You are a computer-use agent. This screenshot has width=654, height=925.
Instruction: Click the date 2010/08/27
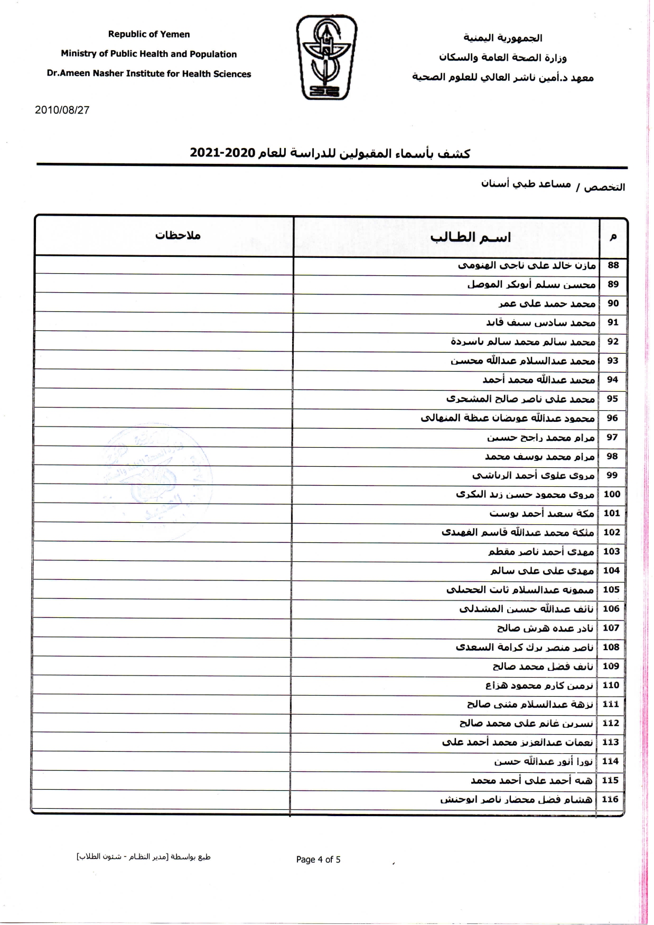pos(62,110)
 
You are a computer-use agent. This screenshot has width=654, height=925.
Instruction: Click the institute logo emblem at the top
pos(326,57)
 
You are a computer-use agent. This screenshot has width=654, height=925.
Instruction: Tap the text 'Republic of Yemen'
pos(149,34)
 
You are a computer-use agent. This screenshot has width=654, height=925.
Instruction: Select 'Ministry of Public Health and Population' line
pos(149,54)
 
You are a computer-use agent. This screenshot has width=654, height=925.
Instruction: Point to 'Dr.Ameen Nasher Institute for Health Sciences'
pos(149,74)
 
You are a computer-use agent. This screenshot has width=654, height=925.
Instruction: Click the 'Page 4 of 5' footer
pos(318,859)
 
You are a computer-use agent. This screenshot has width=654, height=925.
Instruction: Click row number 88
pos(613,265)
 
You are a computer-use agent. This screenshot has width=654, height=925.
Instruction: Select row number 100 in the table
pos(612,494)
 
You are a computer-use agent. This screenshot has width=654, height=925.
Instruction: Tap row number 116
pos(610,799)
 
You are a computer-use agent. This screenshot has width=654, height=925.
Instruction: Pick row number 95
pos(612,399)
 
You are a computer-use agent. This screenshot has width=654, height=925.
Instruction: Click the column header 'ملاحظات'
pos(177,235)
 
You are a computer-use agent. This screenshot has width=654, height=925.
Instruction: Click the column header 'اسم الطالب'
pos(471,237)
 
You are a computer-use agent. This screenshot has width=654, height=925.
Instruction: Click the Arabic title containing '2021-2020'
pos(330,153)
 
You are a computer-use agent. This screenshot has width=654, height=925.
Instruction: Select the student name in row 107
pos(545,628)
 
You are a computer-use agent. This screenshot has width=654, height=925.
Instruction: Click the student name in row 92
pos(523,341)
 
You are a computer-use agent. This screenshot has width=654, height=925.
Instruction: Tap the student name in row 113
pos(518,742)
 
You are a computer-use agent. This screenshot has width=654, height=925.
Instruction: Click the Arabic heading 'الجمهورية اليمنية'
pos(502,38)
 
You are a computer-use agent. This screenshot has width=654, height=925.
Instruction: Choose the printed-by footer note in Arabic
pos(144,857)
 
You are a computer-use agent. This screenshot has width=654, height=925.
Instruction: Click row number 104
pos(611,570)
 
